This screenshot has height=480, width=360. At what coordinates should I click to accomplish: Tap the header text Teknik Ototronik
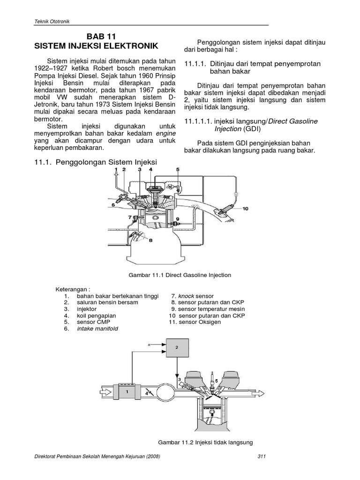(52, 21)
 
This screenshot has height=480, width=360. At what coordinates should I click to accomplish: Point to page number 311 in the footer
(262, 457)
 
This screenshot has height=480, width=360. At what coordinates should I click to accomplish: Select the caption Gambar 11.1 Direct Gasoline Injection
(180, 275)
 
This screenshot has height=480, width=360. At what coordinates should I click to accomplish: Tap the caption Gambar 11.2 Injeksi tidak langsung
(205, 442)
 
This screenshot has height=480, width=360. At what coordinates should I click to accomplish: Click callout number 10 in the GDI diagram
(246, 209)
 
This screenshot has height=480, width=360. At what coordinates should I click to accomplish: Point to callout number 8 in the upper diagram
(150, 240)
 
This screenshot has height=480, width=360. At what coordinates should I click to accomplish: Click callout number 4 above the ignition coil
(151, 169)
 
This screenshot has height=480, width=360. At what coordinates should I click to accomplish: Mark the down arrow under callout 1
(115, 177)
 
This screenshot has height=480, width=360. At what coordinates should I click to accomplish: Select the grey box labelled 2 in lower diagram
(176, 347)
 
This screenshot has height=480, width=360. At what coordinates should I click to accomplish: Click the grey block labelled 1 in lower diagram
(127, 390)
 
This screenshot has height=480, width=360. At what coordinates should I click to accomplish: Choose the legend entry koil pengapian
(97, 316)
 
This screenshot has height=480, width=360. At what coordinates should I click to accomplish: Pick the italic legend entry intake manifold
(97, 329)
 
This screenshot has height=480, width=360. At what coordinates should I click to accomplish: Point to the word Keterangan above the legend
(73, 289)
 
